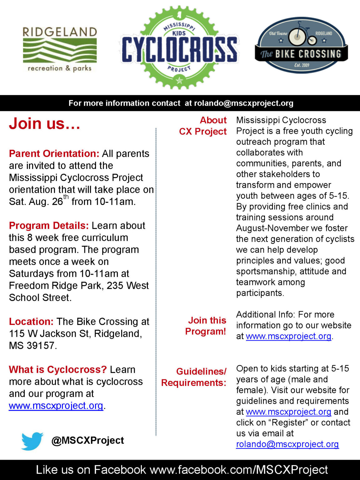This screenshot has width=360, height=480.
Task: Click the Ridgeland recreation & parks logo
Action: (x=60, y=49)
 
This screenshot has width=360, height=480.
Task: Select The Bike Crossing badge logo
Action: (x=301, y=45)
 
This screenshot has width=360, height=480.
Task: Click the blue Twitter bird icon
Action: (x=32, y=441)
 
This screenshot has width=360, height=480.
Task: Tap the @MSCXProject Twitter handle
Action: (x=87, y=440)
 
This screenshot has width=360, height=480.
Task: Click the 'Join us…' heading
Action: (x=45, y=123)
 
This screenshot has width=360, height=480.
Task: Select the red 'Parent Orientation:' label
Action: (x=54, y=154)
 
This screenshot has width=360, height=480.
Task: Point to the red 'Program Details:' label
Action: (x=49, y=226)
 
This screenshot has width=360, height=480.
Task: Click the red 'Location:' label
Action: (x=31, y=322)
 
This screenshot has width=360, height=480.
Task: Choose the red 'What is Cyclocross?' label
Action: (x=58, y=370)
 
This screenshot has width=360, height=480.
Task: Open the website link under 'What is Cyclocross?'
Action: (x=56, y=406)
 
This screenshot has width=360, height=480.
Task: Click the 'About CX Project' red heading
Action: (x=203, y=126)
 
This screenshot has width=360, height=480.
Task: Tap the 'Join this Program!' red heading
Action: (x=206, y=326)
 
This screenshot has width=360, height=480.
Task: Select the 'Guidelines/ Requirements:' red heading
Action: (x=194, y=377)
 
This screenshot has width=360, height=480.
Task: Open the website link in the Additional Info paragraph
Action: (x=288, y=336)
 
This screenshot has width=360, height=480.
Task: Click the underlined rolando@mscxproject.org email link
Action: (x=287, y=444)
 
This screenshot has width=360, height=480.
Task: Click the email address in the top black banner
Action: (x=244, y=103)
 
